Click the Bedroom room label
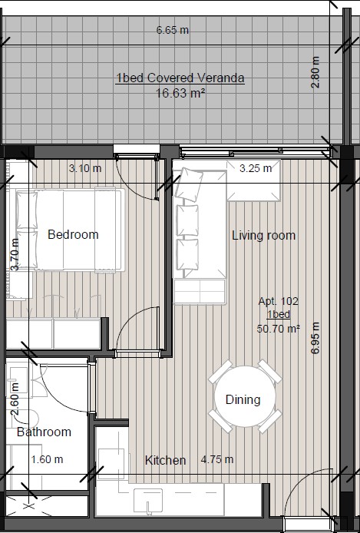click(73, 234)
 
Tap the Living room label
click(263, 236)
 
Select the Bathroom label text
click(45, 432)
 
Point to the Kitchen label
click(165, 460)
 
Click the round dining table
click(245, 396)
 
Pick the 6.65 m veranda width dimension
click(173, 30)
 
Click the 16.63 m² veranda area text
click(180, 93)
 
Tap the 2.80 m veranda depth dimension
click(315, 72)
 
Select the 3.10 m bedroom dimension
click(85, 168)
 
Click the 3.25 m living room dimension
click(256, 168)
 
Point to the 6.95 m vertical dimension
click(315, 338)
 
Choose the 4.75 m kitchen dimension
click(217, 459)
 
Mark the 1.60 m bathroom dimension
click(47, 459)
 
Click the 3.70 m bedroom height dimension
click(15, 254)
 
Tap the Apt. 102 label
click(279, 301)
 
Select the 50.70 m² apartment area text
click(279, 329)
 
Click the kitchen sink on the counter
click(148, 501)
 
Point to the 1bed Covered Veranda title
click(180, 78)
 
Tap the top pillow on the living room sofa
click(189, 184)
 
